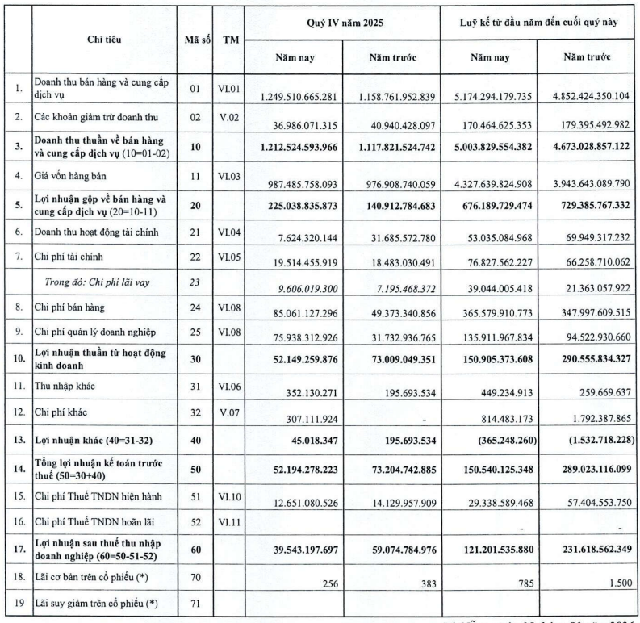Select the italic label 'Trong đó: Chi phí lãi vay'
[x=96, y=282]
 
